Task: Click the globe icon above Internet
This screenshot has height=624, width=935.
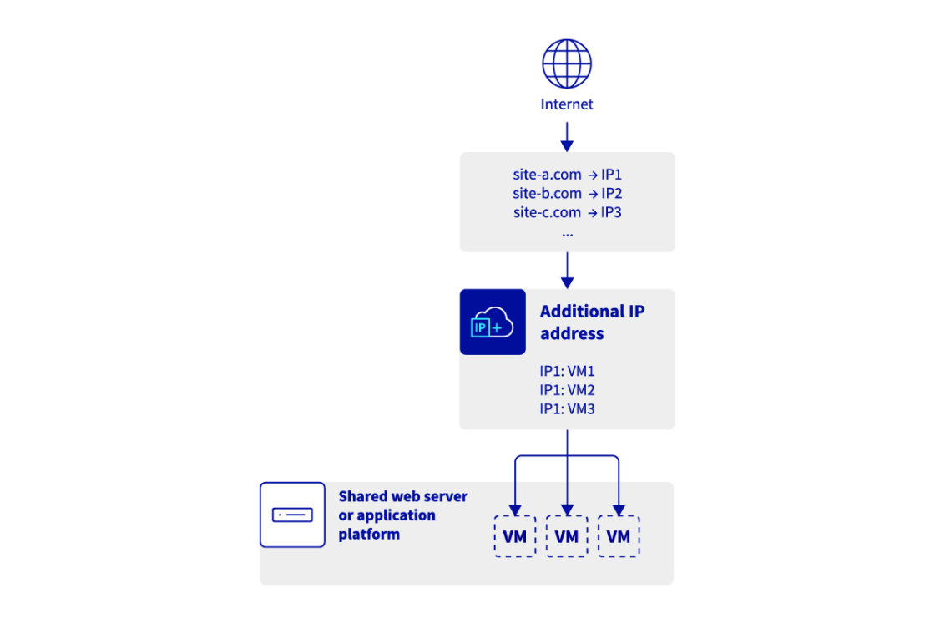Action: [x=567, y=63]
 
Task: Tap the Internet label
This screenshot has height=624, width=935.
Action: [x=567, y=104]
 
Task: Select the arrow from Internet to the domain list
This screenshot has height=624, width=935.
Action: [x=567, y=136]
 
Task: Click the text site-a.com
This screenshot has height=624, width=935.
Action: [x=547, y=175]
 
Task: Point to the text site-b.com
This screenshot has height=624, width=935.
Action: [x=547, y=194]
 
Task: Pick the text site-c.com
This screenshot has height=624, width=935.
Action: [x=547, y=212]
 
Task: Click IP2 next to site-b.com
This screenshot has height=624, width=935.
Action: [x=612, y=194]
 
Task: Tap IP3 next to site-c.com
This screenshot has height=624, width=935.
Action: [x=612, y=212]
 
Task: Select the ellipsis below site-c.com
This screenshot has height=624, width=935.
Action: [x=567, y=231]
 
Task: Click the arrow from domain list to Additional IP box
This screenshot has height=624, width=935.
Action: [x=567, y=271]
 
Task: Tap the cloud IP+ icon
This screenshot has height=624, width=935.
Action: [x=493, y=322]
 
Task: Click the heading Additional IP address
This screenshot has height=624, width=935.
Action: [x=592, y=322]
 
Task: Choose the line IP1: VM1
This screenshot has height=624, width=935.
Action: [x=567, y=372]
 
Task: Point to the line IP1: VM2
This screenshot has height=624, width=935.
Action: [x=567, y=390]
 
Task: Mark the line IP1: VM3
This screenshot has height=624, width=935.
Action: [x=567, y=408]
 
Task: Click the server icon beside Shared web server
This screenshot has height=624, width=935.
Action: [x=292, y=515]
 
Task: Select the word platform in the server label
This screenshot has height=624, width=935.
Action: [x=369, y=535]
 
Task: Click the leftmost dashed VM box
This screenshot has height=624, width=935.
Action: [x=515, y=536]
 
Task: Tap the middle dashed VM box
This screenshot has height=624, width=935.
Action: [x=567, y=536]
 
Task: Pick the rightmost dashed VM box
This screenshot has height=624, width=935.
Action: [x=619, y=536]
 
